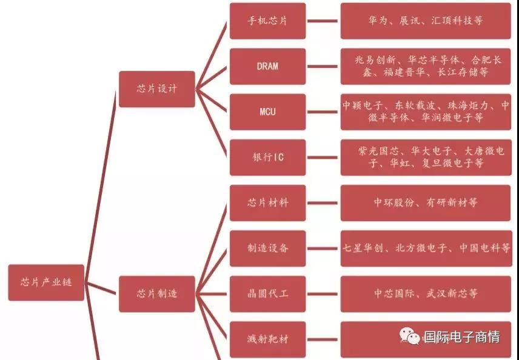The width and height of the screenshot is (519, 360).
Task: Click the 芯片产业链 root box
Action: (x=46, y=282)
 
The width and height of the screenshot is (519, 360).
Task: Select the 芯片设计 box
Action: (x=157, y=88)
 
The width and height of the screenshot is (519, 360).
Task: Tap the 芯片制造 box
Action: (x=157, y=294)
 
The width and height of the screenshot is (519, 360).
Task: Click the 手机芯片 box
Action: (x=267, y=21)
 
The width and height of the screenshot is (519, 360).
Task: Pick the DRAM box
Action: (x=267, y=66)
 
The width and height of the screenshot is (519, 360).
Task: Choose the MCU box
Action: (x=267, y=112)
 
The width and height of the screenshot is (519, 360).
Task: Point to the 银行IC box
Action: (x=267, y=157)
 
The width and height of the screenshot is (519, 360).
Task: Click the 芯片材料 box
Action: (x=267, y=203)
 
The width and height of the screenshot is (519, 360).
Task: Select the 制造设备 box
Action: (x=267, y=248)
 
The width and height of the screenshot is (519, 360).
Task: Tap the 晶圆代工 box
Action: (x=267, y=294)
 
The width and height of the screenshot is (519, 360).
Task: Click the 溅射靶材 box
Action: (x=267, y=339)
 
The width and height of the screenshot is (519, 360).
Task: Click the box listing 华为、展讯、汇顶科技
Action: (x=426, y=21)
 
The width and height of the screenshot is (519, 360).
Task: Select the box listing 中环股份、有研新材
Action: (x=426, y=203)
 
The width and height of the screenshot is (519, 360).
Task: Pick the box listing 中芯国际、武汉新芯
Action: (x=426, y=294)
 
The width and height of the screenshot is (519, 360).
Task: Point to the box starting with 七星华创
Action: (x=426, y=248)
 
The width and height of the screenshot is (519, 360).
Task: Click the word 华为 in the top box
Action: (x=378, y=21)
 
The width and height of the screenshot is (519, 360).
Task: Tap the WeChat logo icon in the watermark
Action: (x=409, y=336)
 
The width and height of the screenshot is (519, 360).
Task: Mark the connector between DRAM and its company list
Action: (x=323, y=66)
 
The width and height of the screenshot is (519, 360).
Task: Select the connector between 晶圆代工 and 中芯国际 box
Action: (x=323, y=294)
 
